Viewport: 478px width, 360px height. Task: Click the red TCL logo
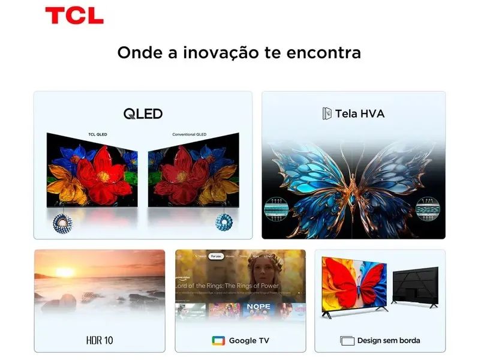pyautogui.click(x=74, y=15)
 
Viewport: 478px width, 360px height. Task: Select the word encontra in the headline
pyautogui.click(x=324, y=52)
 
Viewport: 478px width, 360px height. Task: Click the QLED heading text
pyautogui.click(x=143, y=113)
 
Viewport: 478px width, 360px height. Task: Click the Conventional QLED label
pyautogui.click(x=188, y=134)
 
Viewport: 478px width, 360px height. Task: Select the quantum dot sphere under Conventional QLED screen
pyautogui.click(x=223, y=222)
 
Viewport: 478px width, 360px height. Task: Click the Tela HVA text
pyautogui.click(x=359, y=113)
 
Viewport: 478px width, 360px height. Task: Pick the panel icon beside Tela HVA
pyautogui.click(x=327, y=113)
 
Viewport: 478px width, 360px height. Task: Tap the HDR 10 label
pyautogui.click(x=99, y=340)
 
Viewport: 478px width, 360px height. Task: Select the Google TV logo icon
pyautogui.click(x=218, y=340)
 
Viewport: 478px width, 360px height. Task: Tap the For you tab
pyautogui.click(x=216, y=256)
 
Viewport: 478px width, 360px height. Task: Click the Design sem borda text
pyautogui.click(x=388, y=340)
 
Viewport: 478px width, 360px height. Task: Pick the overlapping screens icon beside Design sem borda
pyautogui.click(x=347, y=340)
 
